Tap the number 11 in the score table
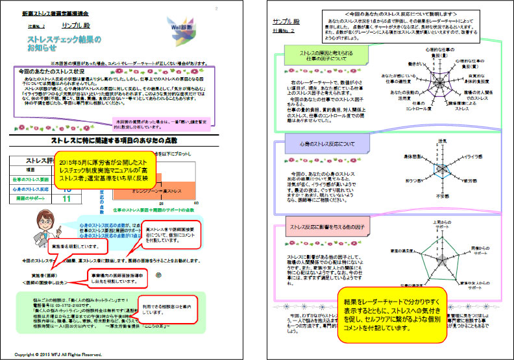click(66, 198)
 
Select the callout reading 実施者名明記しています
click(75, 246)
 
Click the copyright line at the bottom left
click(58, 354)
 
